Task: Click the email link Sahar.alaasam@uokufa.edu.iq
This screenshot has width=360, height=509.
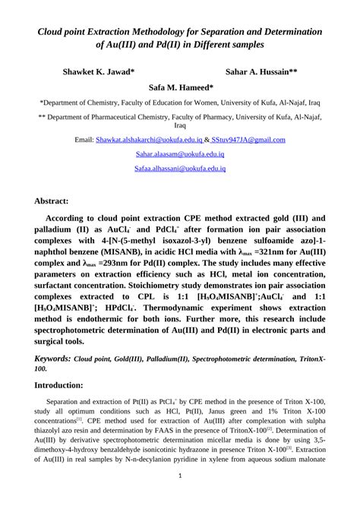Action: (180, 154)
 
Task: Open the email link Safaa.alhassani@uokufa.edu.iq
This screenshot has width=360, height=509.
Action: (180, 169)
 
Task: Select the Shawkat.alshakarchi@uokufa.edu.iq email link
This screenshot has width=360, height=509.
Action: (149, 140)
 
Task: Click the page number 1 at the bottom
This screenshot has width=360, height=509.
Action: (180, 476)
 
